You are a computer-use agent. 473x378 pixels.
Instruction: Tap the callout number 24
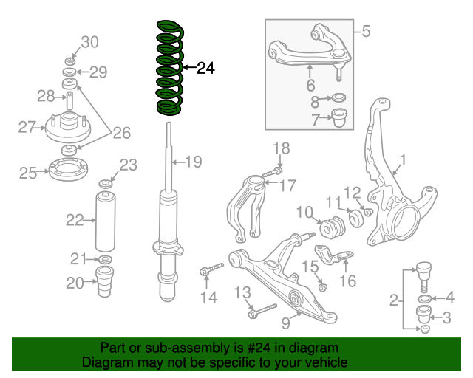pyautogui.click(x=205, y=69)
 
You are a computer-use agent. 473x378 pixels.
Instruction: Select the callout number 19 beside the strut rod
pyautogui.click(x=193, y=162)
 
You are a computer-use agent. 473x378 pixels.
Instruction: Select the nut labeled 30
pyautogui.click(x=67, y=59)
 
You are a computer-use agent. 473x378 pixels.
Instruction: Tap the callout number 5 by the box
pyautogui.click(x=365, y=31)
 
